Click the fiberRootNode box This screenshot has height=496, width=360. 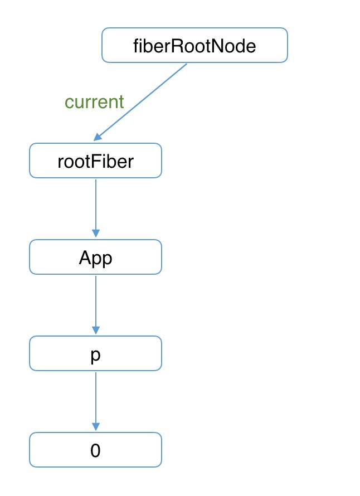point(194,45)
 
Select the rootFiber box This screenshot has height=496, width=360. point(95,161)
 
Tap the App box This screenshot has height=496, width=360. point(95,257)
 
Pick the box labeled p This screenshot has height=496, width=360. point(95,353)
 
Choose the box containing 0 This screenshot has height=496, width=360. point(95,450)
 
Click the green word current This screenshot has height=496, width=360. point(94,102)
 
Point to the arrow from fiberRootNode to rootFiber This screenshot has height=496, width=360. point(140,102)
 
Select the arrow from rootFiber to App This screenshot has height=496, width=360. point(96,208)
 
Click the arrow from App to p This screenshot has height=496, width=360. point(96,305)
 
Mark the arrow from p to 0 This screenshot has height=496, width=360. point(96,401)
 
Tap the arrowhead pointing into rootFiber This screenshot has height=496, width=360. point(97,137)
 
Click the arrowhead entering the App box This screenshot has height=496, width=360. point(96,234)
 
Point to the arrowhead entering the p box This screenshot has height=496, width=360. point(96,330)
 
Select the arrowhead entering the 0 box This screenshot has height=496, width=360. point(96,426)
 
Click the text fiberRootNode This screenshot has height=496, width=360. point(194,46)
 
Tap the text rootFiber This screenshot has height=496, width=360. point(95,161)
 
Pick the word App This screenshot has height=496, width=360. point(95,259)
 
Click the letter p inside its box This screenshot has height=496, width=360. point(95,356)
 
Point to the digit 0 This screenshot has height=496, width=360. point(95,450)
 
